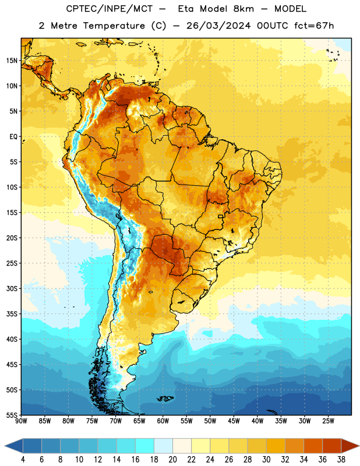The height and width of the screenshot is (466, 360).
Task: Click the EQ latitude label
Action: point(13,137)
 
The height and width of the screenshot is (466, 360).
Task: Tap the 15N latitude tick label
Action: point(12,61)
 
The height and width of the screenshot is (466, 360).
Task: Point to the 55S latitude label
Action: point(12,415)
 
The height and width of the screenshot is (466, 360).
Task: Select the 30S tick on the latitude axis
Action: point(12,288)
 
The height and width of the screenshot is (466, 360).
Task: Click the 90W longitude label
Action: point(21,421)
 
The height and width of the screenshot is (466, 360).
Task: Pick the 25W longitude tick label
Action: point(328,421)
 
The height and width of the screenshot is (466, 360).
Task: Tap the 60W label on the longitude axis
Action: point(163,421)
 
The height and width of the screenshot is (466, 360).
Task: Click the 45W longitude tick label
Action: point(234,421)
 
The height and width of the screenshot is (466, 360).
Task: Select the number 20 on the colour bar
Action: point(172,460)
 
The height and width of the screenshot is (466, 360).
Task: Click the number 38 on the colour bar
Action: point(341,460)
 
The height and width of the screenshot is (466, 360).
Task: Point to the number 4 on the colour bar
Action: point(23,460)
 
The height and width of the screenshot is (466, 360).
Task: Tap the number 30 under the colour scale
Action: point(266,460)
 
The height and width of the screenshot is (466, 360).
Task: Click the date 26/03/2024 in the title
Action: point(218,26)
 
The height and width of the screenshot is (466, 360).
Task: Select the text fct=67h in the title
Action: point(314,26)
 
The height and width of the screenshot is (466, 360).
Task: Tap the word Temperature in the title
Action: point(114,26)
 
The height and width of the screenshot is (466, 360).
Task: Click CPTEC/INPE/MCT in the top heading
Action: point(109,9)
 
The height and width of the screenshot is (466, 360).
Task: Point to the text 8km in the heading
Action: point(243,9)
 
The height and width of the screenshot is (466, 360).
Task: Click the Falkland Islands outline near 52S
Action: point(165,398)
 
